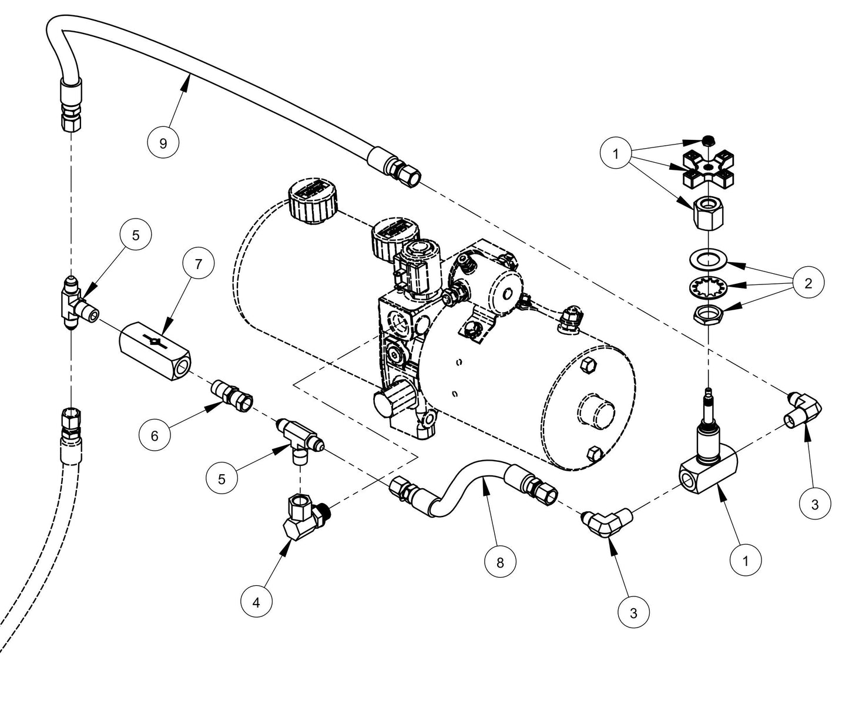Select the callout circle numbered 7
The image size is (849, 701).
(197, 264)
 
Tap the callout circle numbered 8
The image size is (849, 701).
(500, 562)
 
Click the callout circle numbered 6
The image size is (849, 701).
(155, 435)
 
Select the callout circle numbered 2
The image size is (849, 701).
(808, 283)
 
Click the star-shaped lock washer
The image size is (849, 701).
(708, 286)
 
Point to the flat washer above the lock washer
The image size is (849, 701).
(708, 259)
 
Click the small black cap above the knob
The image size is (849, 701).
(709, 140)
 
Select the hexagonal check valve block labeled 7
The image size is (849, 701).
(156, 350)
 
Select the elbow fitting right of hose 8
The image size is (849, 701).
(608, 521)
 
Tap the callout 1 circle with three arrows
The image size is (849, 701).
(616, 154)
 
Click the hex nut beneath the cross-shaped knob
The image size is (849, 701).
(707, 216)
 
